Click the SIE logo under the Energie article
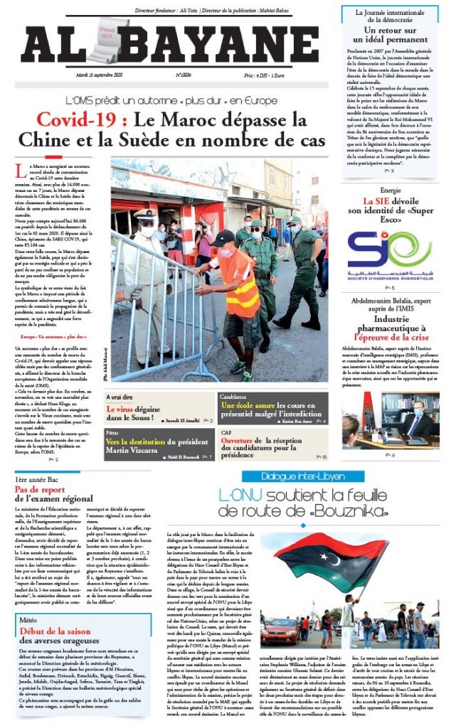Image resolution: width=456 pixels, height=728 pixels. (x=390, y=247)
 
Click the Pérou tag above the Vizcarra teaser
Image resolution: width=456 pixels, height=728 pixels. (x=111, y=432)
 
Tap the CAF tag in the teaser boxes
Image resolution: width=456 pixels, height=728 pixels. (x=226, y=432)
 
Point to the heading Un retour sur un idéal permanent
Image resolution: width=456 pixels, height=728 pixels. (x=388, y=36)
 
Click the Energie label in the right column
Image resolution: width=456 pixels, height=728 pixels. (x=390, y=191)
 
